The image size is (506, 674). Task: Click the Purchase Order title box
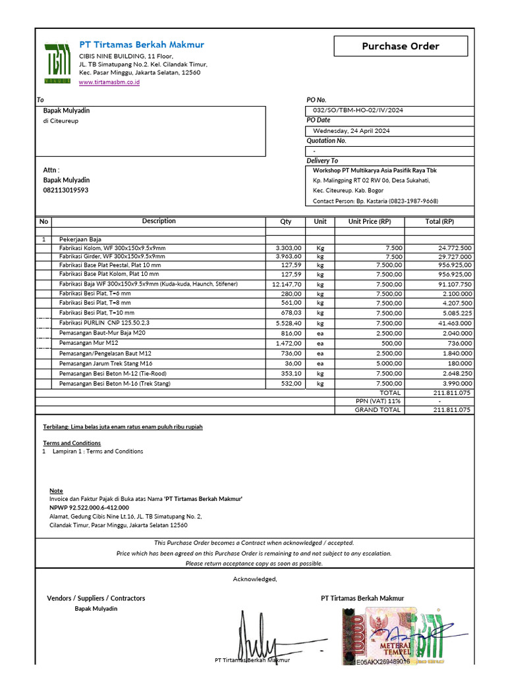coord(401,46)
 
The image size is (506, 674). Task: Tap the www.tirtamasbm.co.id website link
coord(109,82)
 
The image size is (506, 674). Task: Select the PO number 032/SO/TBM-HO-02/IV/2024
coord(358,111)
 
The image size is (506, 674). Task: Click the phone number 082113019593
coord(66,190)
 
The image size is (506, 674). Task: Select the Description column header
coord(159,221)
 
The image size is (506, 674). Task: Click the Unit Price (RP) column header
coord(370,222)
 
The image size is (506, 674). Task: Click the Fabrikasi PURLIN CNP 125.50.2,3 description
coord(104,323)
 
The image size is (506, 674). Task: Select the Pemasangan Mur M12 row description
coord(89,343)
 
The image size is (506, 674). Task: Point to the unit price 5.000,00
coord(389,363)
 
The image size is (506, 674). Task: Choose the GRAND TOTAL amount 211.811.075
coord(452,410)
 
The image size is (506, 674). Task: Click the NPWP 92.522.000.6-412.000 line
coord(89,508)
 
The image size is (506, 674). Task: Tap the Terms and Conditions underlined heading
coord(72,443)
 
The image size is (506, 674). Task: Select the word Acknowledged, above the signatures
coord(255,579)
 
